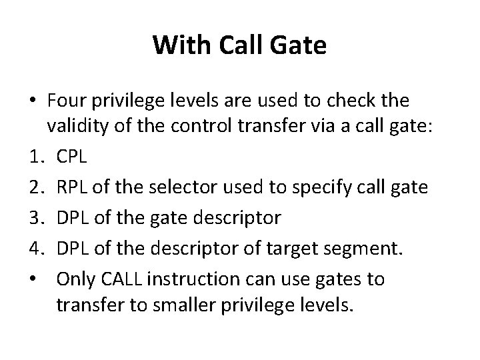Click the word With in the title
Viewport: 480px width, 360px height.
pyautogui.click(x=175, y=45)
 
